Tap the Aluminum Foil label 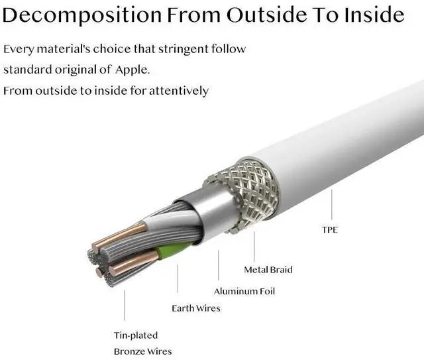[244, 291]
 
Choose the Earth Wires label [196, 308]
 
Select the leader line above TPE [331, 206]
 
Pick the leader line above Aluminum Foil [219, 269]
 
